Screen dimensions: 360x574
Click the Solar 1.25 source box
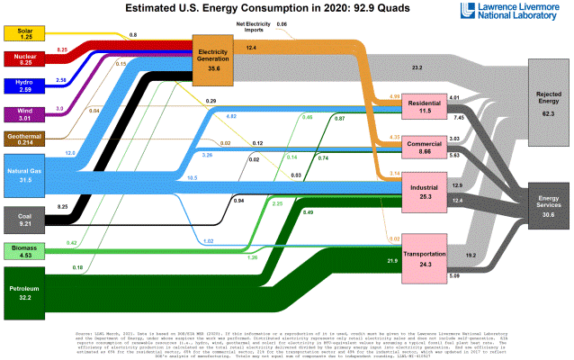pos(26,34)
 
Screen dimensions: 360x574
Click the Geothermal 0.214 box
pos(26,139)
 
